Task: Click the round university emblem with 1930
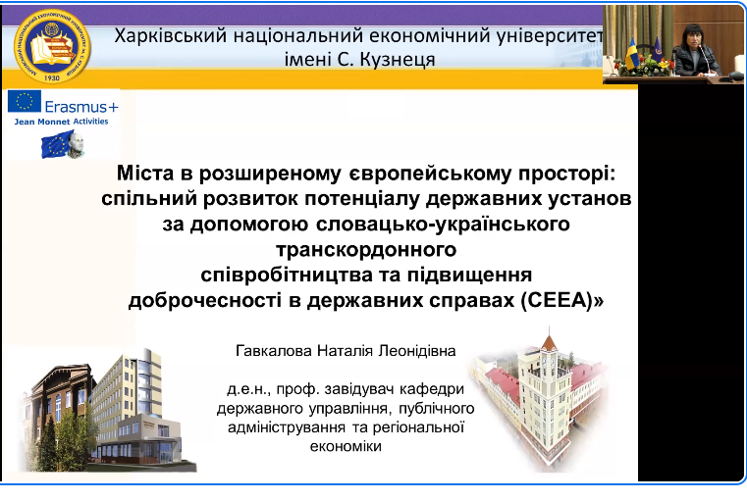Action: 52,47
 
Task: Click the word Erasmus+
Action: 81,107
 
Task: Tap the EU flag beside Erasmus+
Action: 25,101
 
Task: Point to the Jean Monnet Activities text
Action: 61,122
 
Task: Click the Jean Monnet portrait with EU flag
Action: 64,144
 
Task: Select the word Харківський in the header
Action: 170,36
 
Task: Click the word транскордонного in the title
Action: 366,249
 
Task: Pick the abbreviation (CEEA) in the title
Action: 562,300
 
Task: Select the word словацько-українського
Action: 443,224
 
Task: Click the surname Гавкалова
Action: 274,351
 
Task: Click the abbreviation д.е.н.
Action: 248,389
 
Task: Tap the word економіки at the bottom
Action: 346,446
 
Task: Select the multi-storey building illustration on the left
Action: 106,410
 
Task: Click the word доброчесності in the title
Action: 205,301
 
